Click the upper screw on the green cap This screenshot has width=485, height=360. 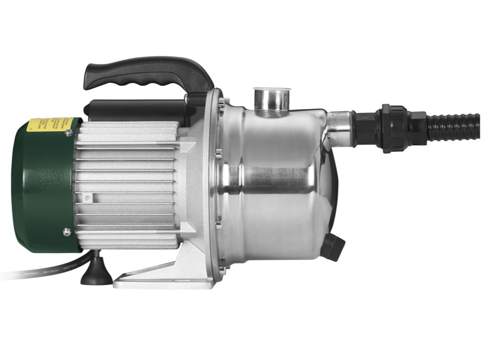pyautogui.click(x=69, y=133)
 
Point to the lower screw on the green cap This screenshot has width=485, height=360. pyautogui.click(x=66, y=231)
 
